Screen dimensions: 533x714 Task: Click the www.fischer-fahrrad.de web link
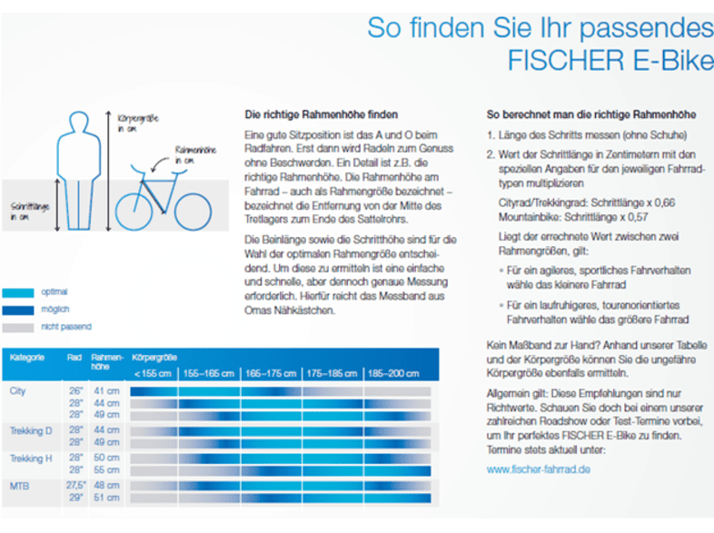pos(539,469)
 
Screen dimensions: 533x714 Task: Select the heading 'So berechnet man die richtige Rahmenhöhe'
pos(591,115)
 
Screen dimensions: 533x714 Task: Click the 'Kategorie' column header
pos(27,359)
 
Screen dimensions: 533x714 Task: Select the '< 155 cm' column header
pos(153,373)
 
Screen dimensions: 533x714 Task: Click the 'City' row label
pos(18,390)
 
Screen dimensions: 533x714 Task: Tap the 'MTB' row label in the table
pos(20,486)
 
